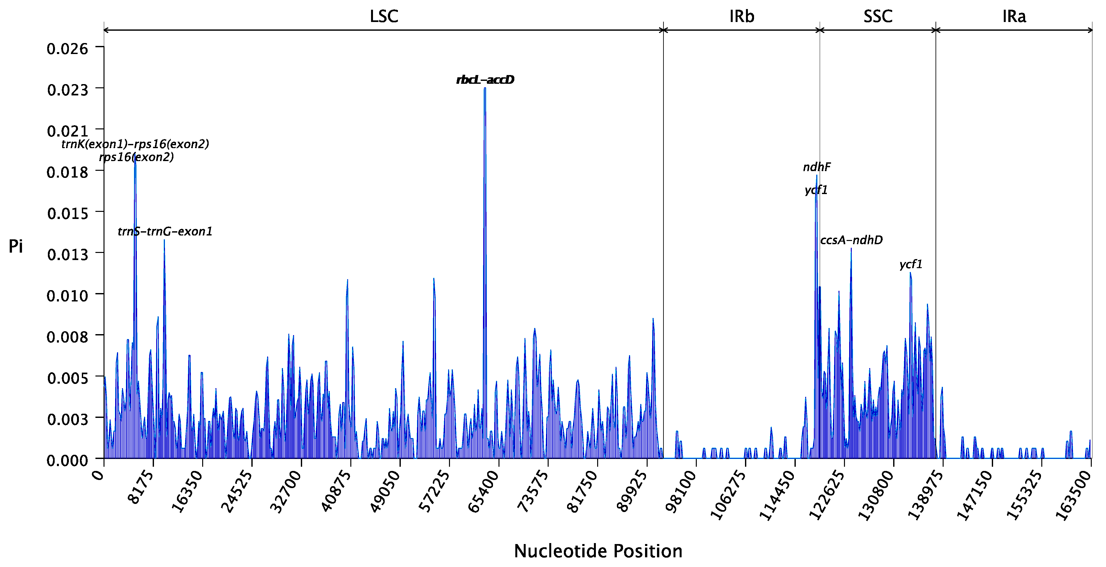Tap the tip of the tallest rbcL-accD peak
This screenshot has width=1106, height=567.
point(485,88)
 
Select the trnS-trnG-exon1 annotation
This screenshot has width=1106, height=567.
point(165,232)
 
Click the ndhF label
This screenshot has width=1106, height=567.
point(816,167)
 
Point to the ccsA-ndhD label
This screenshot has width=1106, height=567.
point(851,240)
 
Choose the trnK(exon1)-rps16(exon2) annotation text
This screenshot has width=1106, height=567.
point(135,144)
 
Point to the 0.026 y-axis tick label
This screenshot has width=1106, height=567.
point(67,49)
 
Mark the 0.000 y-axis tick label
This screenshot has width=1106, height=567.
point(67,460)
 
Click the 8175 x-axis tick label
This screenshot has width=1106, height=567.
point(141,487)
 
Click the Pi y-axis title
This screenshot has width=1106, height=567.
point(16,246)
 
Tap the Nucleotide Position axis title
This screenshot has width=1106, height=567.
point(598,551)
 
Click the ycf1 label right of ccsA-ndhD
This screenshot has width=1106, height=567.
point(911,264)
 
